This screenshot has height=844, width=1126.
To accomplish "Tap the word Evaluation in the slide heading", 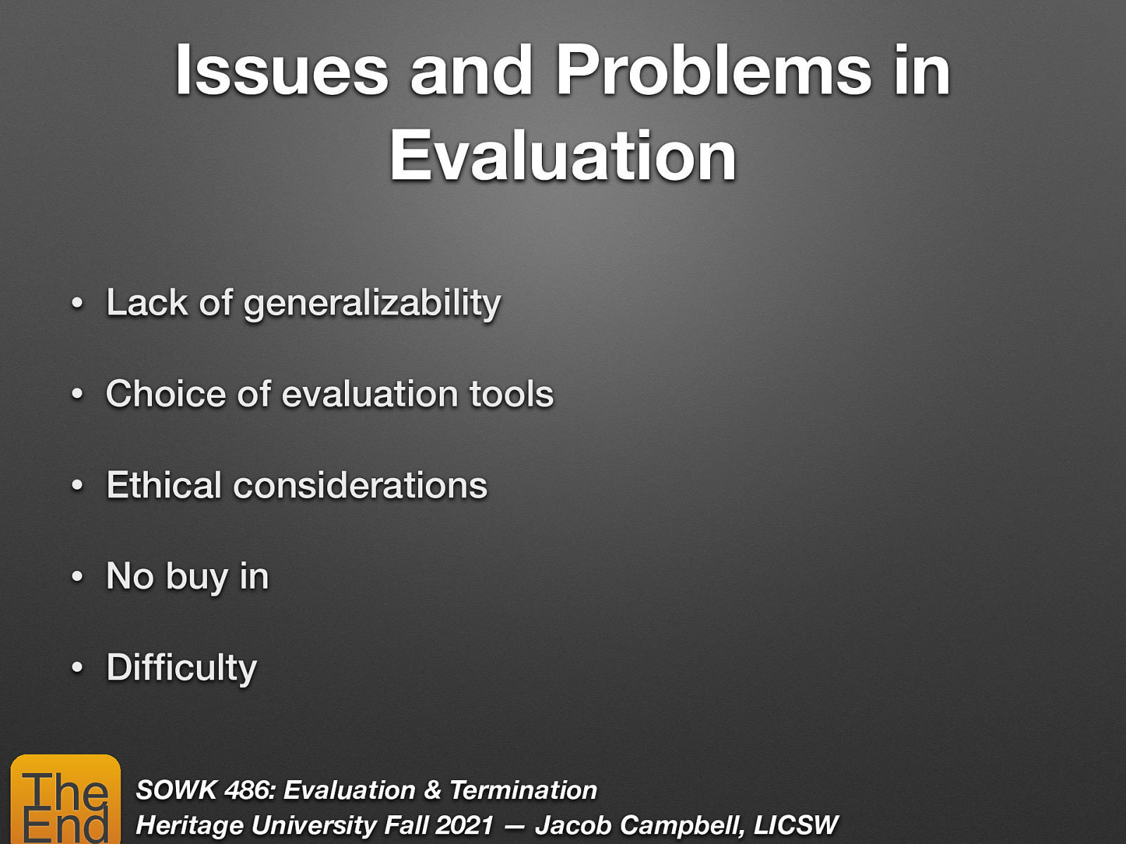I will pos(563,156).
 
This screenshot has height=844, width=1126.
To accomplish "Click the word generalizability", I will pos(372,304).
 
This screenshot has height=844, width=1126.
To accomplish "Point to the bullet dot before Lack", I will pos(77,304).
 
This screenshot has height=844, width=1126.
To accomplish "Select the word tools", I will pos(512,394).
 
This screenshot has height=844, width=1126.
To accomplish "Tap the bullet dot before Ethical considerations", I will pos(77,486).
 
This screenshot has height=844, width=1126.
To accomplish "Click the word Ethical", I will pos(164,485).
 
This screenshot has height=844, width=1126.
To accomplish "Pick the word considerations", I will pos(360,485).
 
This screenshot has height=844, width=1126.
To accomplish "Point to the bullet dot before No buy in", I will pos(77,577).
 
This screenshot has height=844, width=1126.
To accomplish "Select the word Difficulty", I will pos(182,668).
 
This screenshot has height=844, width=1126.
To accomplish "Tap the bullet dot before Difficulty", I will pos(77,668).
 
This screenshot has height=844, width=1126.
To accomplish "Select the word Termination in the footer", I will pos(523,791).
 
